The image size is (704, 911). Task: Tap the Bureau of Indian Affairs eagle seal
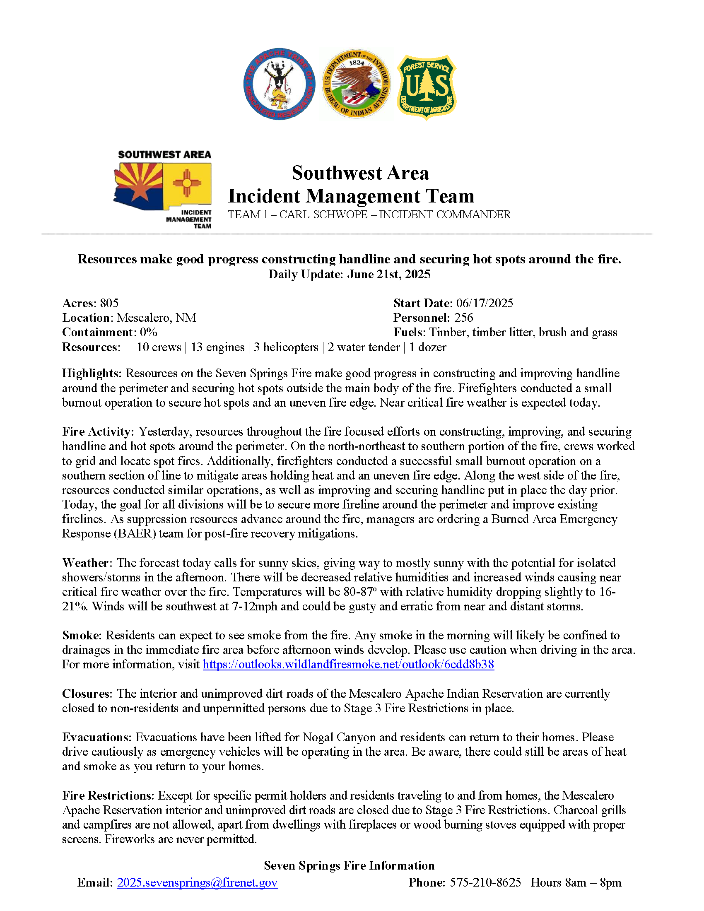[x=356, y=83]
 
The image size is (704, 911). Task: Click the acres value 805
[x=109, y=303]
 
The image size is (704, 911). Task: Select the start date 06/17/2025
[x=484, y=303]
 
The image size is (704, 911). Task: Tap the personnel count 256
[x=463, y=318]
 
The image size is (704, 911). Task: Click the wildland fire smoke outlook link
[x=348, y=665]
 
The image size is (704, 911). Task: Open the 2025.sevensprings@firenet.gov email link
[x=197, y=883]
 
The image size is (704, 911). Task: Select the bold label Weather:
[x=87, y=563]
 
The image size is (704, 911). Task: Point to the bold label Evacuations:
[x=97, y=737]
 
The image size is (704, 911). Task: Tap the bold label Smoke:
[x=82, y=635]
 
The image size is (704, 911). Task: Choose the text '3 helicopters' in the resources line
[x=286, y=347]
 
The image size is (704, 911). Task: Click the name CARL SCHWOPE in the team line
[x=323, y=214]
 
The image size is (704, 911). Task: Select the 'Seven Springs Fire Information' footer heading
[x=349, y=865]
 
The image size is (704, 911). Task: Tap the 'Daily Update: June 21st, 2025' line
[x=349, y=275]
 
